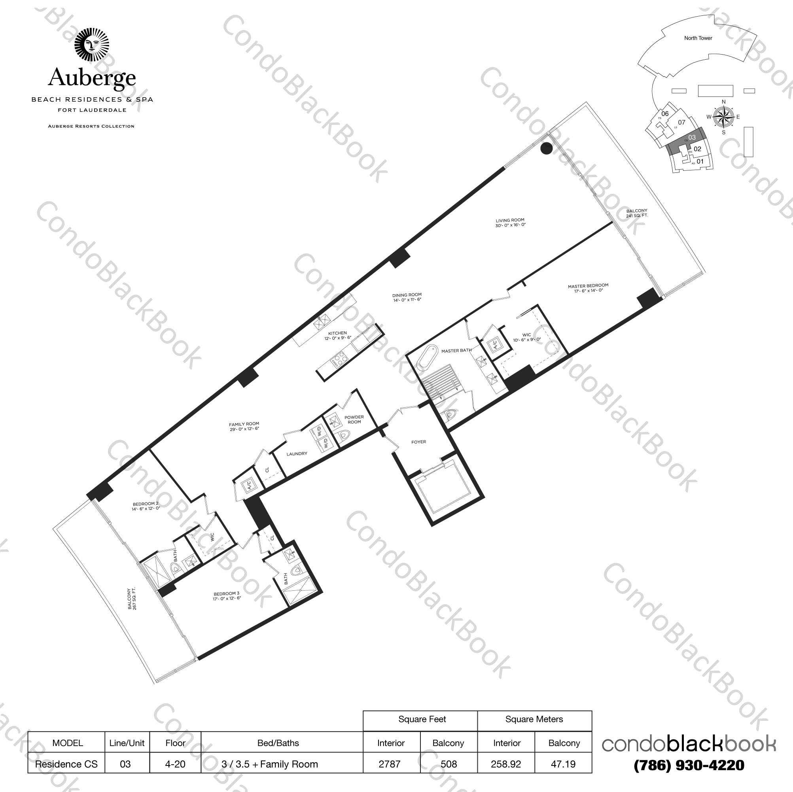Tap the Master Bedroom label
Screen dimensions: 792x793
coord(588,288)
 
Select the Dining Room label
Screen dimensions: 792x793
coord(407,297)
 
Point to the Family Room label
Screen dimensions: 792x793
coord(244,426)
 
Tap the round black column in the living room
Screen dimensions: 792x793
coord(546,149)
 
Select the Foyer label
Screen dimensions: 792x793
coord(419,442)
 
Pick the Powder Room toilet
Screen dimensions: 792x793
coord(344,435)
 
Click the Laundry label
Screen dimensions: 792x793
coord(297,454)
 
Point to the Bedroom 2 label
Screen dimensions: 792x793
coord(146,506)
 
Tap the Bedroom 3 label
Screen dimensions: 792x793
coord(227,595)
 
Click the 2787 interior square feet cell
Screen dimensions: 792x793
coord(390,764)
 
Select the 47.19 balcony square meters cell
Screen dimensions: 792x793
coord(563,764)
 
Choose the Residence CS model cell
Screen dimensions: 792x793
coord(66,764)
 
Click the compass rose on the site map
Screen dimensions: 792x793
coord(723,117)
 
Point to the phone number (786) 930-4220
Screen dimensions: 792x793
coord(689,765)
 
